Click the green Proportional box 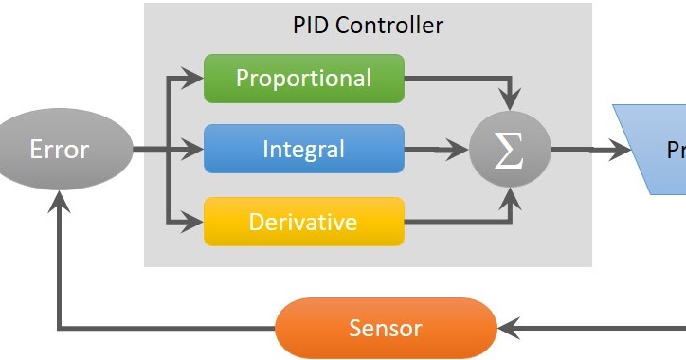[x=304, y=78]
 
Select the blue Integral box [x=304, y=149]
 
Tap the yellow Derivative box [x=304, y=223]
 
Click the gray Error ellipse [x=60, y=149]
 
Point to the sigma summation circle [x=510, y=150]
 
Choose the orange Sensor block [x=386, y=329]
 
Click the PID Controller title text [x=368, y=25]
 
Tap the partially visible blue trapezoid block [x=654, y=149]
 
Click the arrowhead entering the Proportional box [x=195, y=78]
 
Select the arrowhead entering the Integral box [x=195, y=149]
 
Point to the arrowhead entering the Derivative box [x=195, y=223]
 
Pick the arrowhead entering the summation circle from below [x=512, y=197]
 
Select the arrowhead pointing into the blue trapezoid [x=621, y=149]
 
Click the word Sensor [x=386, y=329]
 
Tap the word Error [x=60, y=149]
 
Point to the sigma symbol [x=510, y=150]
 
